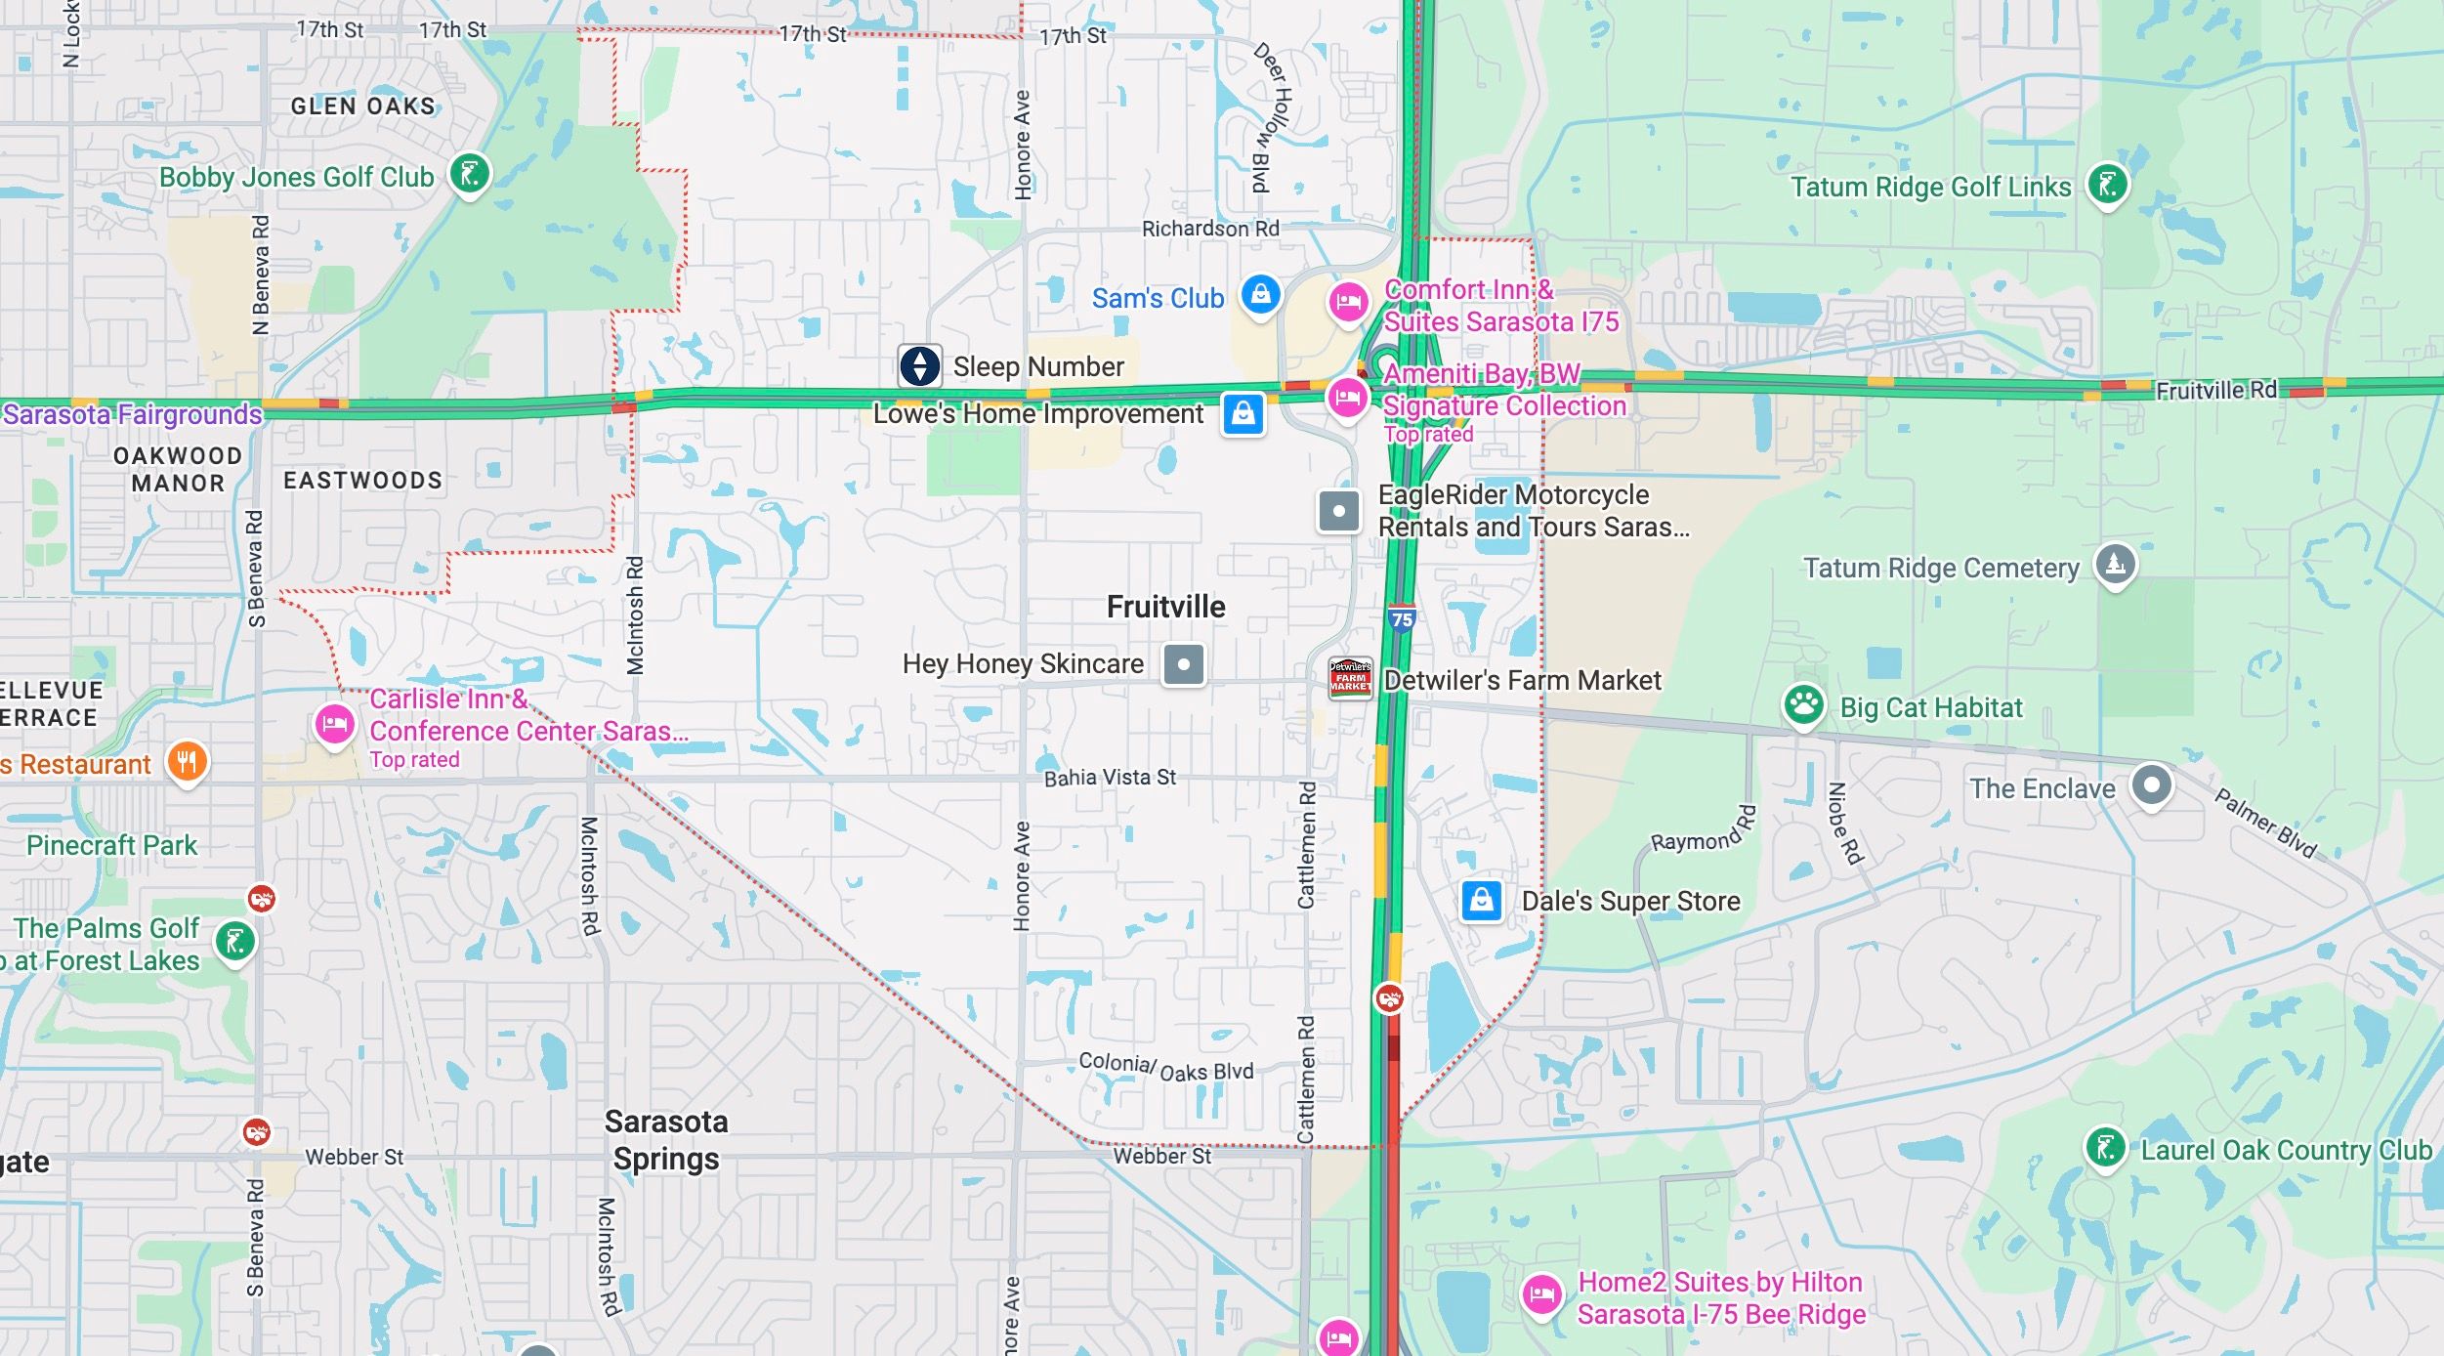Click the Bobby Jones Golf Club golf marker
click(469, 175)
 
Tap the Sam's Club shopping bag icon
click(1260, 293)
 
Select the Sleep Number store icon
click(919, 366)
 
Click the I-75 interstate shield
click(1402, 618)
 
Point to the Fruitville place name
click(1165, 607)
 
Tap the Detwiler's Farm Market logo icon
click(1350, 678)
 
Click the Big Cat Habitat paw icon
click(1803, 703)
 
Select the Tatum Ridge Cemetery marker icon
click(2115, 564)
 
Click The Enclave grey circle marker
click(2151, 785)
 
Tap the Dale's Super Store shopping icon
click(1481, 900)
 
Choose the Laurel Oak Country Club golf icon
click(2105, 1147)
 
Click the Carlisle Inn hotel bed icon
click(334, 725)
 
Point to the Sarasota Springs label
click(666, 1140)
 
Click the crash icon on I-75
click(1389, 998)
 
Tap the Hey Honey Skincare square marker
click(1183, 664)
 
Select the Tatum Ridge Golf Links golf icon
click(2107, 184)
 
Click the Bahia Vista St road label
click(1110, 778)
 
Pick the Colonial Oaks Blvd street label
click(1165, 1067)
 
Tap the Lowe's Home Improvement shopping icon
click(1243, 414)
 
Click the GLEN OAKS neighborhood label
click(362, 106)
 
